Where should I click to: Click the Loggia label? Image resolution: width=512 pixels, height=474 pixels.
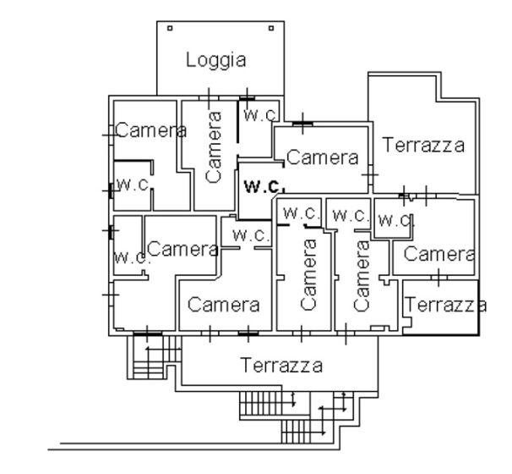[x=215, y=60]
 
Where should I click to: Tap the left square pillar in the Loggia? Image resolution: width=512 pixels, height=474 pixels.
[x=170, y=29]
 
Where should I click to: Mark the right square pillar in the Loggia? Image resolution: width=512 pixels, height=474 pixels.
[x=271, y=29]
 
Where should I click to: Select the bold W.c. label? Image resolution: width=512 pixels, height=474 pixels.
[x=264, y=186]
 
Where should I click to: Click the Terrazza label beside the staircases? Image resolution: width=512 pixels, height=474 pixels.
[x=281, y=365]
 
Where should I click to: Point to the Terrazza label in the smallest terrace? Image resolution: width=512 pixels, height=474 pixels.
[x=445, y=305]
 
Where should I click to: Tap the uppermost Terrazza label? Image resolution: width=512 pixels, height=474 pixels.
[x=423, y=145]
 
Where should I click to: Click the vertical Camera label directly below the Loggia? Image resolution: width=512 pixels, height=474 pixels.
[x=214, y=147]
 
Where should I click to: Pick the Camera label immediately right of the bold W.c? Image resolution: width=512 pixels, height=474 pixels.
[x=322, y=157]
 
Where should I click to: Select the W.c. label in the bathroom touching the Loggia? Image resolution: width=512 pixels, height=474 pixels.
[x=260, y=115]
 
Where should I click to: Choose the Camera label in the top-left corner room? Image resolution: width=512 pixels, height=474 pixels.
[x=150, y=130]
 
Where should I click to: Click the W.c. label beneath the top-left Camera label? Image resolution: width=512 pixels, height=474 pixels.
[x=133, y=185]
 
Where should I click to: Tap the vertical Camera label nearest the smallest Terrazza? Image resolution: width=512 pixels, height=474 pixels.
[x=362, y=276]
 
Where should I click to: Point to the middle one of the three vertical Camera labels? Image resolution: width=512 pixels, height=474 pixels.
[x=308, y=274]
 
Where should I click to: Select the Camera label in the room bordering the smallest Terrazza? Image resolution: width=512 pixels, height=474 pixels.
[x=439, y=254]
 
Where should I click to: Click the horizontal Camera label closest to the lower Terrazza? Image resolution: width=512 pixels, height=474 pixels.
[x=224, y=305]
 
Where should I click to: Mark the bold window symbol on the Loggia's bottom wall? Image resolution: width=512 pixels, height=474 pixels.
[x=247, y=98]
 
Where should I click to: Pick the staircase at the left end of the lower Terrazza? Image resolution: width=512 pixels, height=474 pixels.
[x=154, y=357]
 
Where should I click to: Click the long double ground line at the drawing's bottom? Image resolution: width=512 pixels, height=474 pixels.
[x=194, y=447]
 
